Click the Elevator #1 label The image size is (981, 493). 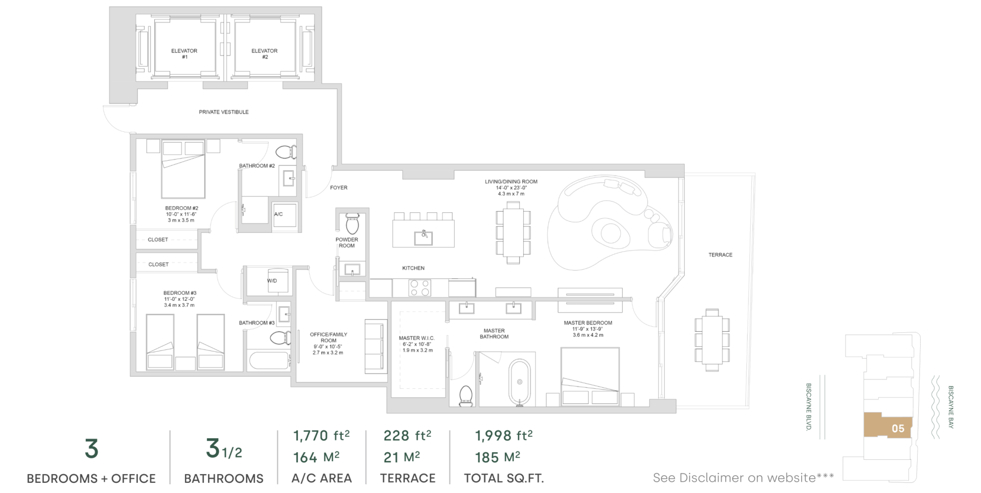[184, 54]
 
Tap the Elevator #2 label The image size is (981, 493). [265, 54]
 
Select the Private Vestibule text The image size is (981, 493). [224, 112]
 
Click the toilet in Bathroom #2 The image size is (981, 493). [286, 152]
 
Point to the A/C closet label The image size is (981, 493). [278, 214]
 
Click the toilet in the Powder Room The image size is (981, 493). [353, 224]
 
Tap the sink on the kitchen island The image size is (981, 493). [424, 237]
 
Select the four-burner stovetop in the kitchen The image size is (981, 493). [419, 288]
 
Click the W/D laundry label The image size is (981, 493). [272, 281]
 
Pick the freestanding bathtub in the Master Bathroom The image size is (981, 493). [520, 382]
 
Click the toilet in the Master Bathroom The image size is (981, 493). [466, 396]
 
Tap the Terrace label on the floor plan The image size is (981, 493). [720, 255]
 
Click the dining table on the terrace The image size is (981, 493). [712, 340]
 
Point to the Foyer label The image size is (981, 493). [339, 188]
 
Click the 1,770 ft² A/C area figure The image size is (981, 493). [321, 436]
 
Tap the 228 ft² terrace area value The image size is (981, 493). [407, 436]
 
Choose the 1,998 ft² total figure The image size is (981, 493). [504, 436]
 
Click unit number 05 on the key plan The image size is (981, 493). [898, 429]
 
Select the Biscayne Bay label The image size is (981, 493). [951, 407]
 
